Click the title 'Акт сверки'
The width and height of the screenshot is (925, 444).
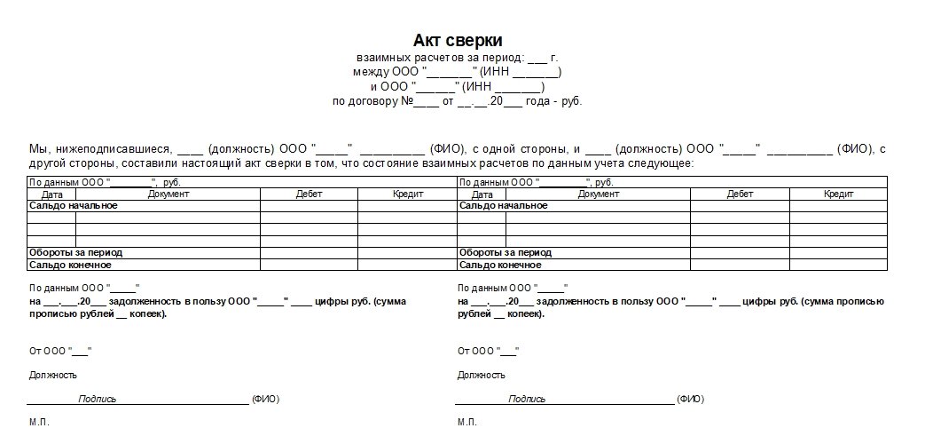(458, 41)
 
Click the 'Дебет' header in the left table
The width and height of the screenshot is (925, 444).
(309, 194)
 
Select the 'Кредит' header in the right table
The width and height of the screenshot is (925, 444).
(838, 194)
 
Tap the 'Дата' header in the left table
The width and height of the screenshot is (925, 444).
(52, 194)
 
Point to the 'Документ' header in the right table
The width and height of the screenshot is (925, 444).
(599, 194)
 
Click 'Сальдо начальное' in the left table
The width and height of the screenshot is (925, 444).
(74, 206)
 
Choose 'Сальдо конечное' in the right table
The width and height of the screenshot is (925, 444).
(500, 265)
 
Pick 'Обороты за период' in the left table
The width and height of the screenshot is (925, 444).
(76, 253)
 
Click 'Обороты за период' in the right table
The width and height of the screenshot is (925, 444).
(506, 253)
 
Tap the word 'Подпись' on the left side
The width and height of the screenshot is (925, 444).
(98, 400)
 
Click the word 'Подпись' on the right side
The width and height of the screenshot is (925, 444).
(527, 400)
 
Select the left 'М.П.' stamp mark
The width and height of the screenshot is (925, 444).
(39, 422)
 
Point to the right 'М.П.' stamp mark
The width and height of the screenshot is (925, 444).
(467, 422)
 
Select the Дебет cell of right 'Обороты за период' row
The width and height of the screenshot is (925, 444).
(740, 253)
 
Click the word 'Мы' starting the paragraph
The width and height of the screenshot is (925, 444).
(38, 149)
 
